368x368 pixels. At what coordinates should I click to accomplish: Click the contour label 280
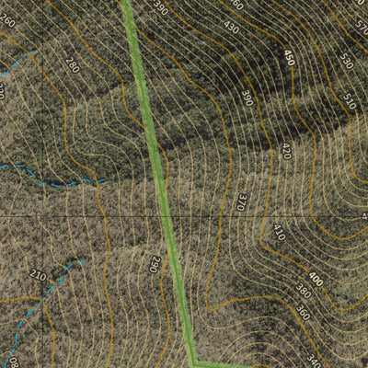(x=73, y=64)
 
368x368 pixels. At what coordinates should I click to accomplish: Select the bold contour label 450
(x=290, y=58)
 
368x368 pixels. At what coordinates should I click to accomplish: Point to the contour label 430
(x=230, y=29)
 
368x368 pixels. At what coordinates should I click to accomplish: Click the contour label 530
(x=346, y=62)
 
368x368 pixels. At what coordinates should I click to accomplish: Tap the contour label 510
(x=349, y=99)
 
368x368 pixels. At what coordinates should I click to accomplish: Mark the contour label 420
(x=287, y=150)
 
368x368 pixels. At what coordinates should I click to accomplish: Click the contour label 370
(x=243, y=201)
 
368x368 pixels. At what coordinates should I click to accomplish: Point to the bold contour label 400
(x=316, y=279)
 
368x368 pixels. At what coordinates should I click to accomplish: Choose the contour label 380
(x=304, y=292)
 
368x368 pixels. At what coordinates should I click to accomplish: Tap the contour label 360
(x=304, y=313)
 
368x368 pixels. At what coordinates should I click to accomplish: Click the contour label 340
(x=313, y=360)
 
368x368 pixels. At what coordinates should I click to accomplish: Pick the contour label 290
(x=155, y=265)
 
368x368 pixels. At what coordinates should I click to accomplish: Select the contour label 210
(x=37, y=275)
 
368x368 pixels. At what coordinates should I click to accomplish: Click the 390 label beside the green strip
(x=161, y=9)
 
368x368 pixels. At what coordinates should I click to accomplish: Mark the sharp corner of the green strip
(x=194, y=362)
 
